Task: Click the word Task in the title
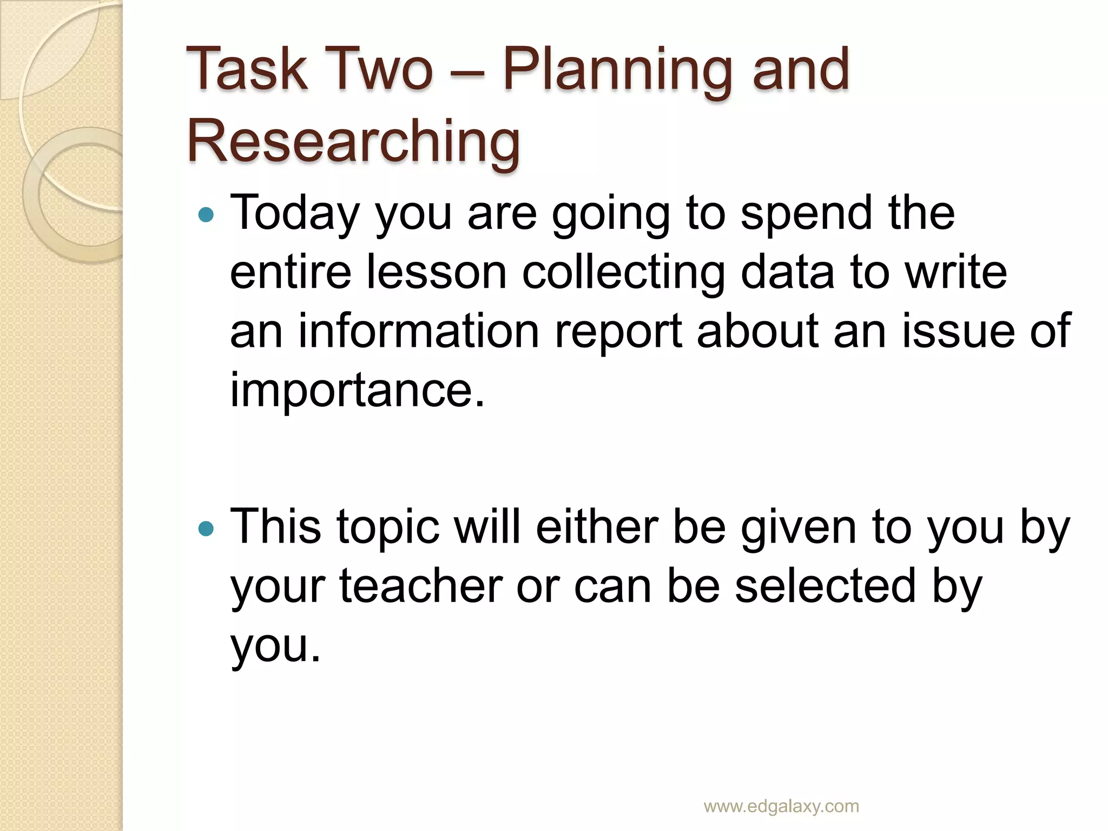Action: coord(247,69)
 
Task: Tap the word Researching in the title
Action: coord(353,142)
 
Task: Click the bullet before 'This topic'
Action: coord(206,528)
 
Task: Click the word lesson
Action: coord(436,272)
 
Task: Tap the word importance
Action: coord(357,391)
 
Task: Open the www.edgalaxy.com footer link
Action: coord(781,806)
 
